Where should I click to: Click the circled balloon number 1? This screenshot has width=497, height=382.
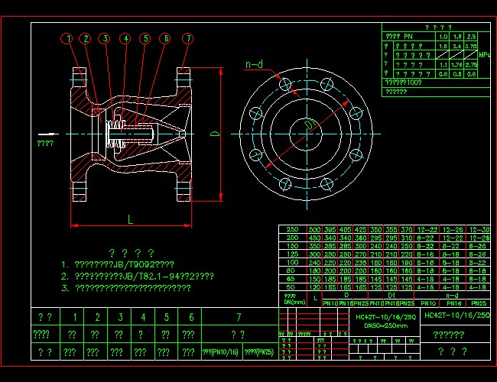pyautogui.click(x=68, y=38)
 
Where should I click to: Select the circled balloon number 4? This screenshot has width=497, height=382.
pyautogui.click(x=125, y=38)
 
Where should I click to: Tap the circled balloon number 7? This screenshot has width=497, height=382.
pyautogui.click(x=187, y=38)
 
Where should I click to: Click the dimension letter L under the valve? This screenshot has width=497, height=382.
pyautogui.click(x=130, y=219)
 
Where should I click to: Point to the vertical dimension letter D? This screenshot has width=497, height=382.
pyautogui.click(x=216, y=134)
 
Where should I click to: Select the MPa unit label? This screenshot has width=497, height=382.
pyautogui.click(x=484, y=56)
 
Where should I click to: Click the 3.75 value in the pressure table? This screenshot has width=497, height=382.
pyautogui.click(x=471, y=66)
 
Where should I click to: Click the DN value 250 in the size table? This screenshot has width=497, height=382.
pyautogui.click(x=291, y=229)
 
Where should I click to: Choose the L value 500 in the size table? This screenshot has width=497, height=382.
pyautogui.click(x=314, y=229)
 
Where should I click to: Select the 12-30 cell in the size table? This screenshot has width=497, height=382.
pyautogui.click(x=479, y=229)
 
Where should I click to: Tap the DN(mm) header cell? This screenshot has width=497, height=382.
pyautogui.click(x=291, y=298)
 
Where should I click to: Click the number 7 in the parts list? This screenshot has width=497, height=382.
pyautogui.click(x=239, y=316)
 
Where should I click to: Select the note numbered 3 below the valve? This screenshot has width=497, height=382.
pyautogui.click(x=126, y=288)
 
